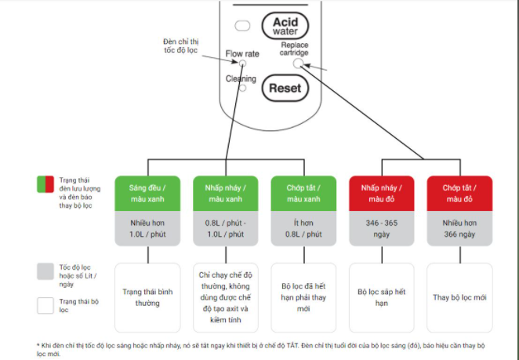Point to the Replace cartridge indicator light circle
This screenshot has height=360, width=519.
click(298, 62)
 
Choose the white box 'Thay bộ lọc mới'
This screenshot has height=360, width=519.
click(459, 296)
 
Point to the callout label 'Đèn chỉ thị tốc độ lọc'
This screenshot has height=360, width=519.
click(180, 46)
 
